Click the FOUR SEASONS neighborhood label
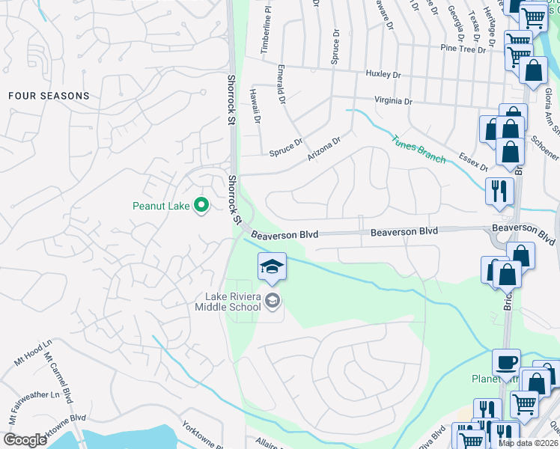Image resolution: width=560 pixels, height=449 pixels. coord(49,96)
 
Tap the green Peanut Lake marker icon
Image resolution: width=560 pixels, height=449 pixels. coord(201,204)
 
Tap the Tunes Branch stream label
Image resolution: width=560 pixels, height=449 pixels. coord(419,148)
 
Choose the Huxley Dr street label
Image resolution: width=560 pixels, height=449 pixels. coord(383,75)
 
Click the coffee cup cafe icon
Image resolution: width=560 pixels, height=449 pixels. coord(506,363)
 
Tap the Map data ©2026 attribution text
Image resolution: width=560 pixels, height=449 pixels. coord(529,443)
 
